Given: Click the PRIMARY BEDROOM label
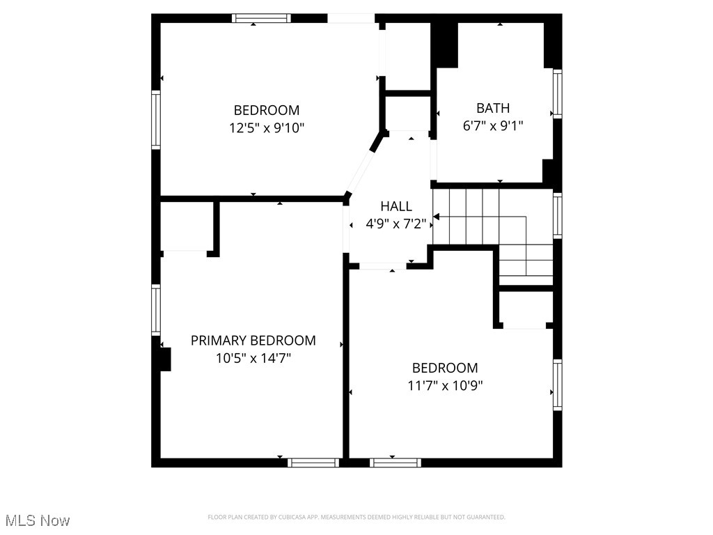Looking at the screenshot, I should pos(253,341).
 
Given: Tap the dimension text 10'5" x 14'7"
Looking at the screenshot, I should pos(253,359).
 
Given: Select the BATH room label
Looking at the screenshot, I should pos(493,108).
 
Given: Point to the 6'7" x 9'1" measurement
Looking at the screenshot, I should pos(493,126).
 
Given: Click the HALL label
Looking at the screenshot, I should pos(395,206).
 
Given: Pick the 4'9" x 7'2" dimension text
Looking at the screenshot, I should pos(395,224).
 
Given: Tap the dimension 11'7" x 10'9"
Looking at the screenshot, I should pos(445,386).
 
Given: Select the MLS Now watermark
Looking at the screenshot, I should pos(38,520).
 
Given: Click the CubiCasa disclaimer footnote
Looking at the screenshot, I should pos(356,517).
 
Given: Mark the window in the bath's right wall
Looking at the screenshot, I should pos(557,93).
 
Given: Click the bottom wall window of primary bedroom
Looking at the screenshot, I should pos(313,463).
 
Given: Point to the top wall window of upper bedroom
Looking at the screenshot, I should pos(261,18).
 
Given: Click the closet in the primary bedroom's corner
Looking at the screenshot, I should pos(186,226).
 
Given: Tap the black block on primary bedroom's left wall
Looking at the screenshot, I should pos(165,359).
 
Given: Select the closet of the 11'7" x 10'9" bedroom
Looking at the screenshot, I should pos(526,309).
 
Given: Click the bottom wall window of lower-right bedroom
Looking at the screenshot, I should pos(395,463).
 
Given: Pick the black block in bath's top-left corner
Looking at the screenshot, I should pos(445,45).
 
